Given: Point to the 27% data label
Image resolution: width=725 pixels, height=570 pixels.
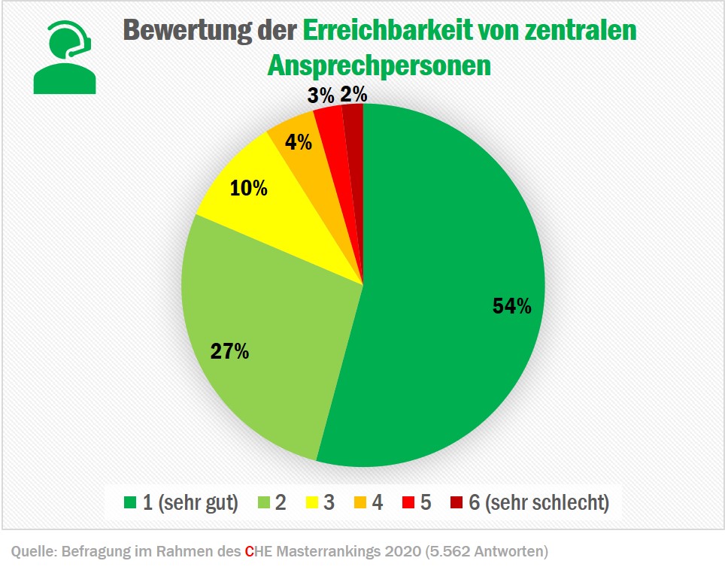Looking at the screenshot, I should click(x=229, y=350).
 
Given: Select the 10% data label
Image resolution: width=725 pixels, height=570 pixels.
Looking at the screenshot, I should click(x=248, y=188).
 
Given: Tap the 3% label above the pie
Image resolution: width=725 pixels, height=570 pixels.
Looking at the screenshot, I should click(x=320, y=96).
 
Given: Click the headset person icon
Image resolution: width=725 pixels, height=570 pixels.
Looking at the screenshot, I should click(x=65, y=56).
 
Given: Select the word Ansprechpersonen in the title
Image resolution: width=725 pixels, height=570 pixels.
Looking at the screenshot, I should click(x=379, y=65).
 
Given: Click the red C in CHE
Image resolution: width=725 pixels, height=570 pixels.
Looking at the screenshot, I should click(x=249, y=552).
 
